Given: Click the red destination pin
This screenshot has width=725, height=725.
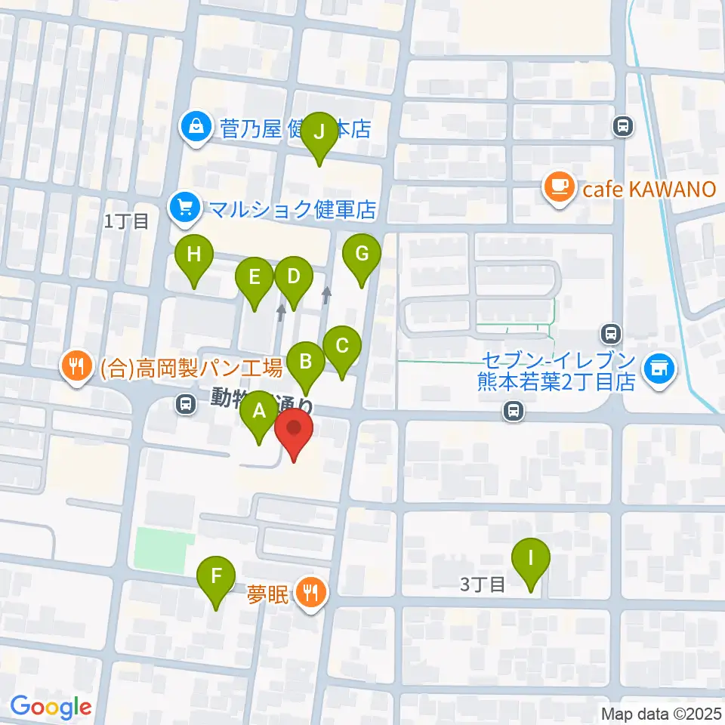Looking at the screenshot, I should coord(294,433).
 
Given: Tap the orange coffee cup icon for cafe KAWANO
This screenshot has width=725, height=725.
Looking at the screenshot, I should coord(559,187).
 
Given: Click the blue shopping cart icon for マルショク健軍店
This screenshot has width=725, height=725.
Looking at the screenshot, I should coord(184,207).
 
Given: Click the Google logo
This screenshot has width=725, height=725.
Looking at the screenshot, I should coord(50,706).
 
